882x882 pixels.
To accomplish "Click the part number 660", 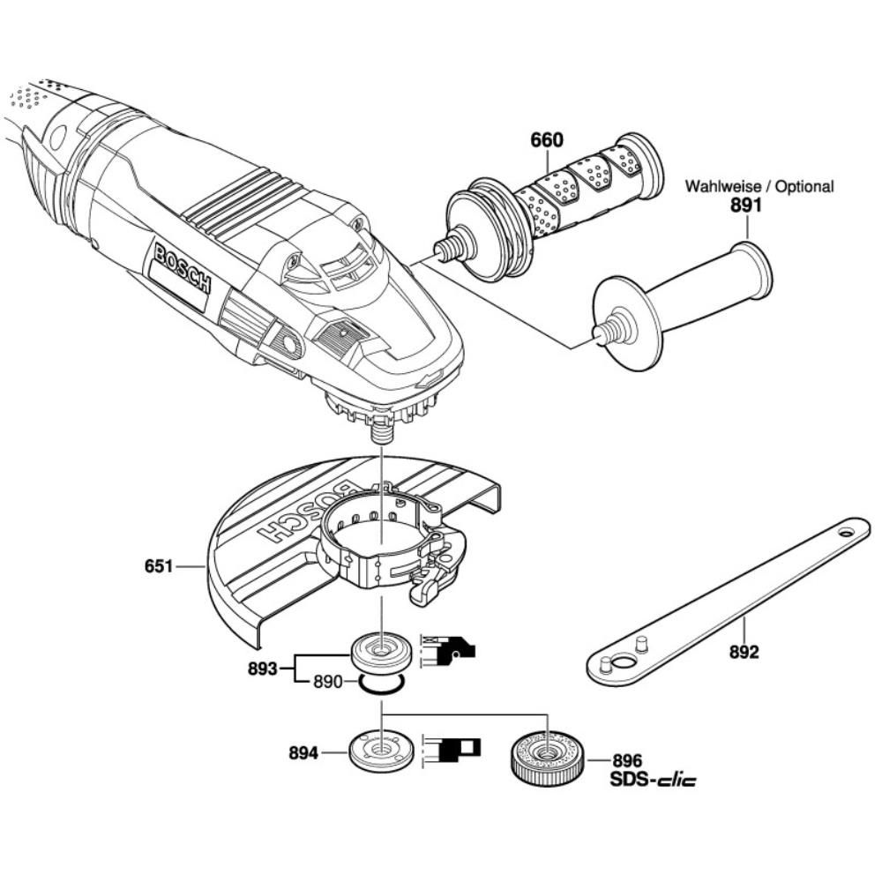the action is tap(546, 140).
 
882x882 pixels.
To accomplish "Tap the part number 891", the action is tap(746, 206).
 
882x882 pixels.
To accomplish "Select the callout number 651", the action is tap(159, 566).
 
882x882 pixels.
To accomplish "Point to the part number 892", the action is tap(744, 653).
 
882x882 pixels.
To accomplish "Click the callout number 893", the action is tap(263, 669).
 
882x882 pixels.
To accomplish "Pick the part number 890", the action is tap(327, 683).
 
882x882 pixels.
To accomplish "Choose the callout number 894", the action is tap(303, 752).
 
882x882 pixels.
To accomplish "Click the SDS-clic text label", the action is tap(653, 781).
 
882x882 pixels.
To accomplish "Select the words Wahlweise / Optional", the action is tap(759, 186).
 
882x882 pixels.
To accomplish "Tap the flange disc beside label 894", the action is tap(382, 751).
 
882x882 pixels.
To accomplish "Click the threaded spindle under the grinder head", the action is tap(383, 432).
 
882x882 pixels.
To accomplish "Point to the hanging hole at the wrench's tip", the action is tap(846, 531).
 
